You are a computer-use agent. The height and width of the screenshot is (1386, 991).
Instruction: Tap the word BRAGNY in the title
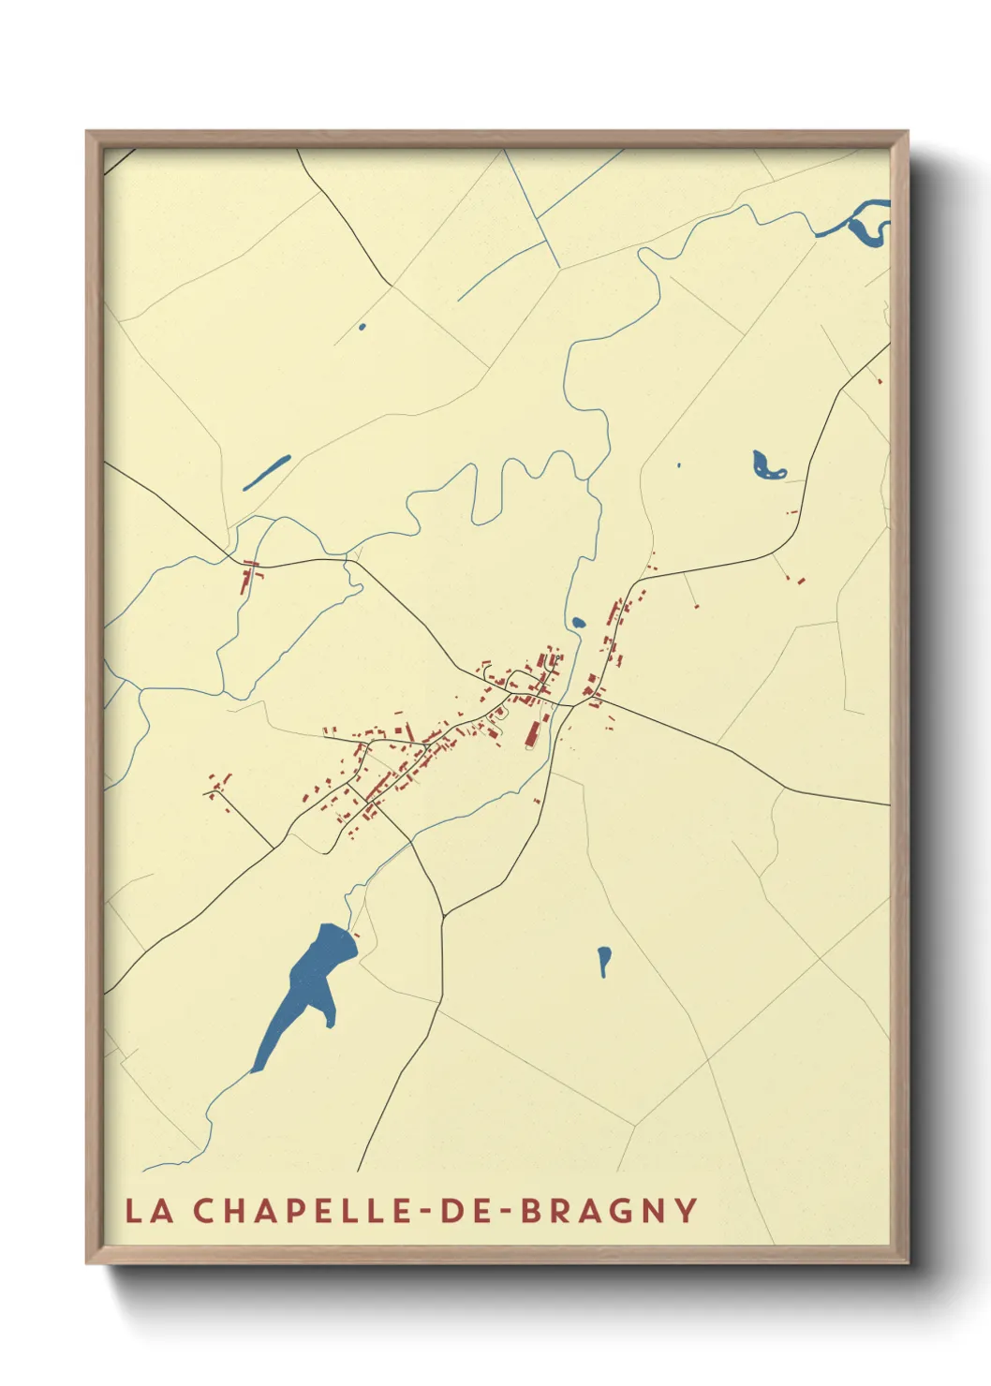pyautogui.click(x=608, y=1210)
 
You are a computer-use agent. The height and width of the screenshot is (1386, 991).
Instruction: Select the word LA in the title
pyautogui.click(x=150, y=1211)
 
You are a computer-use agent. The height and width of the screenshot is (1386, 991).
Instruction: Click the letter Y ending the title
pyautogui.click(x=687, y=1210)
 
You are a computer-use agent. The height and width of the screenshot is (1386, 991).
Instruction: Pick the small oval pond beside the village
pyautogui.click(x=578, y=622)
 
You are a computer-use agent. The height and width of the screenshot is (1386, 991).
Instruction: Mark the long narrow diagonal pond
pyautogui.click(x=267, y=472)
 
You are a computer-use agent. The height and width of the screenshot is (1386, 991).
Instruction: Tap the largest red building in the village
pyautogui.click(x=532, y=731)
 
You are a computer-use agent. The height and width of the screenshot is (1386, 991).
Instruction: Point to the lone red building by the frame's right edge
pyautogui.click(x=880, y=380)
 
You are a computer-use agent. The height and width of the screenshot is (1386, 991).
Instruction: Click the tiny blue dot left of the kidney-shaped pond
pyautogui.click(x=679, y=464)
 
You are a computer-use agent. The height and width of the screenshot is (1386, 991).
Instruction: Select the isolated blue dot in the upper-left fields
pyautogui.click(x=362, y=327)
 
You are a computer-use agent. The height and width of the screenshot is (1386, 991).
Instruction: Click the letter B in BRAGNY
pyautogui.click(x=531, y=1210)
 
